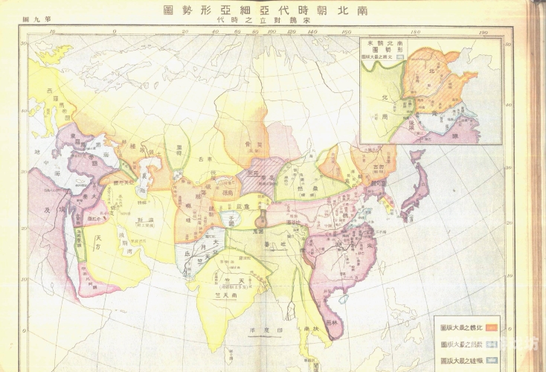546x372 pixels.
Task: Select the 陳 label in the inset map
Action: (x=454, y=126)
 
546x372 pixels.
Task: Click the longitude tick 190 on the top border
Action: (x=484, y=33)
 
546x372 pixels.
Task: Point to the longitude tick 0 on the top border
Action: (x=114, y=32)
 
